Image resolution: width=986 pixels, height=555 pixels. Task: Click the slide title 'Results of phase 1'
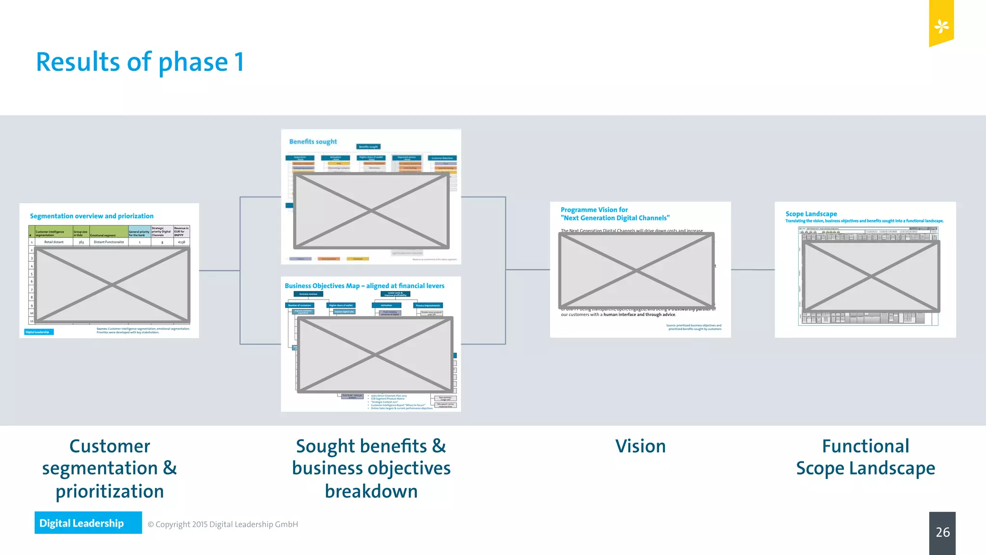(x=140, y=62)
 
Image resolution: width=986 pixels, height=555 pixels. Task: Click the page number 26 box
(x=942, y=532)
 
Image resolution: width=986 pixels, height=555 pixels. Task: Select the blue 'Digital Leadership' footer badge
(x=88, y=523)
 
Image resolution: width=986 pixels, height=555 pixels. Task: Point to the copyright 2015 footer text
(x=222, y=524)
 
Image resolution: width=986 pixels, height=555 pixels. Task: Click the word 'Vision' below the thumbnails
(x=640, y=446)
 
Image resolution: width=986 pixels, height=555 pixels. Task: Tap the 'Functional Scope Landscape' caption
(x=865, y=457)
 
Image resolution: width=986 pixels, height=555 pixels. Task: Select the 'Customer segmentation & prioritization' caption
(x=110, y=468)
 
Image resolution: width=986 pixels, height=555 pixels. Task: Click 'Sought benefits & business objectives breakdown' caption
(x=371, y=468)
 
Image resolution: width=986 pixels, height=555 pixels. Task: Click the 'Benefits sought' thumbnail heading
(x=313, y=142)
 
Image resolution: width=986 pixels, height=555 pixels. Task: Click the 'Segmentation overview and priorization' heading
(x=91, y=216)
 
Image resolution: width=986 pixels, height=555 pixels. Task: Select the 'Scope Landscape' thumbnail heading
(x=811, y=214)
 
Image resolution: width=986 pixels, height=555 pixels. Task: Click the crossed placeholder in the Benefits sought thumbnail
(x=371, y=211)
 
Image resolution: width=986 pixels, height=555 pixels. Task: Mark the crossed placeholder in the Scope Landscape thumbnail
(x=870, y=276)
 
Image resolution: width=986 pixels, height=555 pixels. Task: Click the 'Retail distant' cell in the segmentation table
(x=53, y=242)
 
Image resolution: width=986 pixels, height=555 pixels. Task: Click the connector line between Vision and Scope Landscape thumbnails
(x=752, y=270)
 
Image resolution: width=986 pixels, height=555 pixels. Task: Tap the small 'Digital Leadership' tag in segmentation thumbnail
(x=39, y=332)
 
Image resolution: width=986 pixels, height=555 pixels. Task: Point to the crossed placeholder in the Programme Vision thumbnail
(x=636, y=270)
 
